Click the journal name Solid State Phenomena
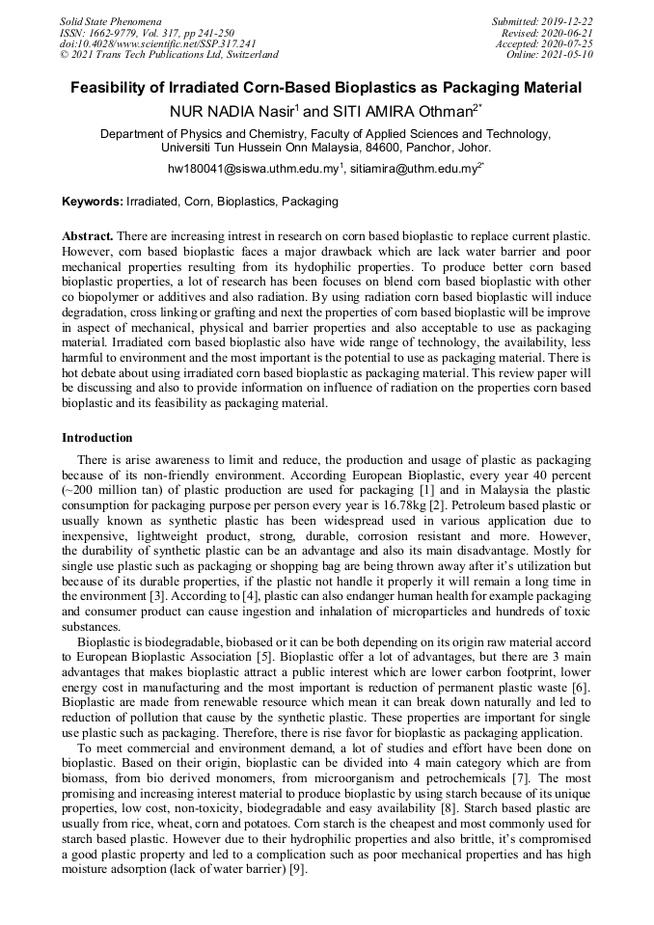(111, 21)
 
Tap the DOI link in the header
(158, 43)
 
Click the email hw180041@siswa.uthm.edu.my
(253, 169)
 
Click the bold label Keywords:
(93, 203)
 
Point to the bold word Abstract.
(87, 236)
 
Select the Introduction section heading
(97, 438)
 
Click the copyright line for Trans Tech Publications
(169, 55)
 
